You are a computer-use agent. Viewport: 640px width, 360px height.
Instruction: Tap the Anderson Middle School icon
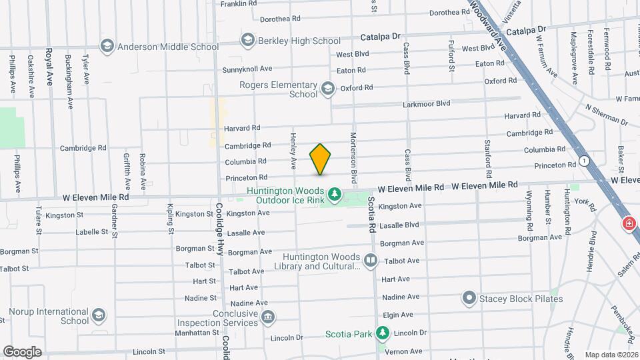(x=107, y=46)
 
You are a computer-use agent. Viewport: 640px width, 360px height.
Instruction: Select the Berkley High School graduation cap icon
(x=248, y=41)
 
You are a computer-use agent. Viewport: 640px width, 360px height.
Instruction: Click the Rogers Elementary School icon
(x=327, y=88)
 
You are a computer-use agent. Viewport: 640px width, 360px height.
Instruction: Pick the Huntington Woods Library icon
(x=371, y=259)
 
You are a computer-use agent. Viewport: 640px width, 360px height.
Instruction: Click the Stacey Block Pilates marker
(x=470, y=298)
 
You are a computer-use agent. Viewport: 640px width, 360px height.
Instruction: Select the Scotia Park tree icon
(x=382, y=333)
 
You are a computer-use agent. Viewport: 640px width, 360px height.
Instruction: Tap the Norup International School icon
(x=99, y=315)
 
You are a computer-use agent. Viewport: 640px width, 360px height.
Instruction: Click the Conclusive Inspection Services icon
(x=267, y=317)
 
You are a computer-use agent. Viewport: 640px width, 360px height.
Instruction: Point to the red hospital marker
(x=628, y=224)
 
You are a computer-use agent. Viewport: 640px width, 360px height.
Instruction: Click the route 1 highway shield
(x=584, y=161)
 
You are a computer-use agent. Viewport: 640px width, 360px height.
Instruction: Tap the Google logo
(x=22, y=351)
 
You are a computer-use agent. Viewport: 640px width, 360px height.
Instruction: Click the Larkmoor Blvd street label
(x=427, y=103)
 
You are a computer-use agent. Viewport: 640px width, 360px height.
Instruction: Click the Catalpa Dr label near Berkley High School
(x=380, y=37)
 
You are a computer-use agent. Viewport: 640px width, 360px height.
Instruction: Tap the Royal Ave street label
(x=49, y=67)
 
